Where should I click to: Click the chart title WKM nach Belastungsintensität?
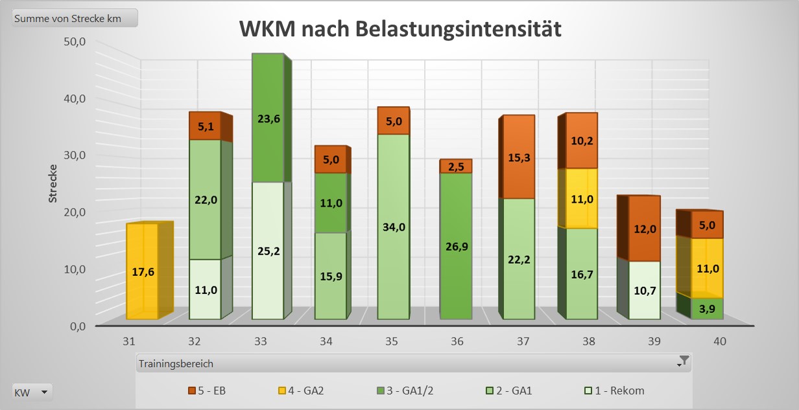(x=399, y=29)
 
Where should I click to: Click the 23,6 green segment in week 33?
(x=268, y=118)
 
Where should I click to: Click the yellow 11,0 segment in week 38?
(x=582, y=198)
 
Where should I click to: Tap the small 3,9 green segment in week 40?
(x=708, y=308)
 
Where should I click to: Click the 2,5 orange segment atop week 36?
(x=456, y=166)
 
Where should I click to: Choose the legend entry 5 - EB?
(x=207, y=391)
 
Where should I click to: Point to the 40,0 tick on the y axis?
(x=73, y=98)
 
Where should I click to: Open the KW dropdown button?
(x=32, y=392)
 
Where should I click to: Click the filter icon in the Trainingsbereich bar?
(x=683, y=361)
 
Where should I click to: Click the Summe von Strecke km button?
(x=75, y=18)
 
